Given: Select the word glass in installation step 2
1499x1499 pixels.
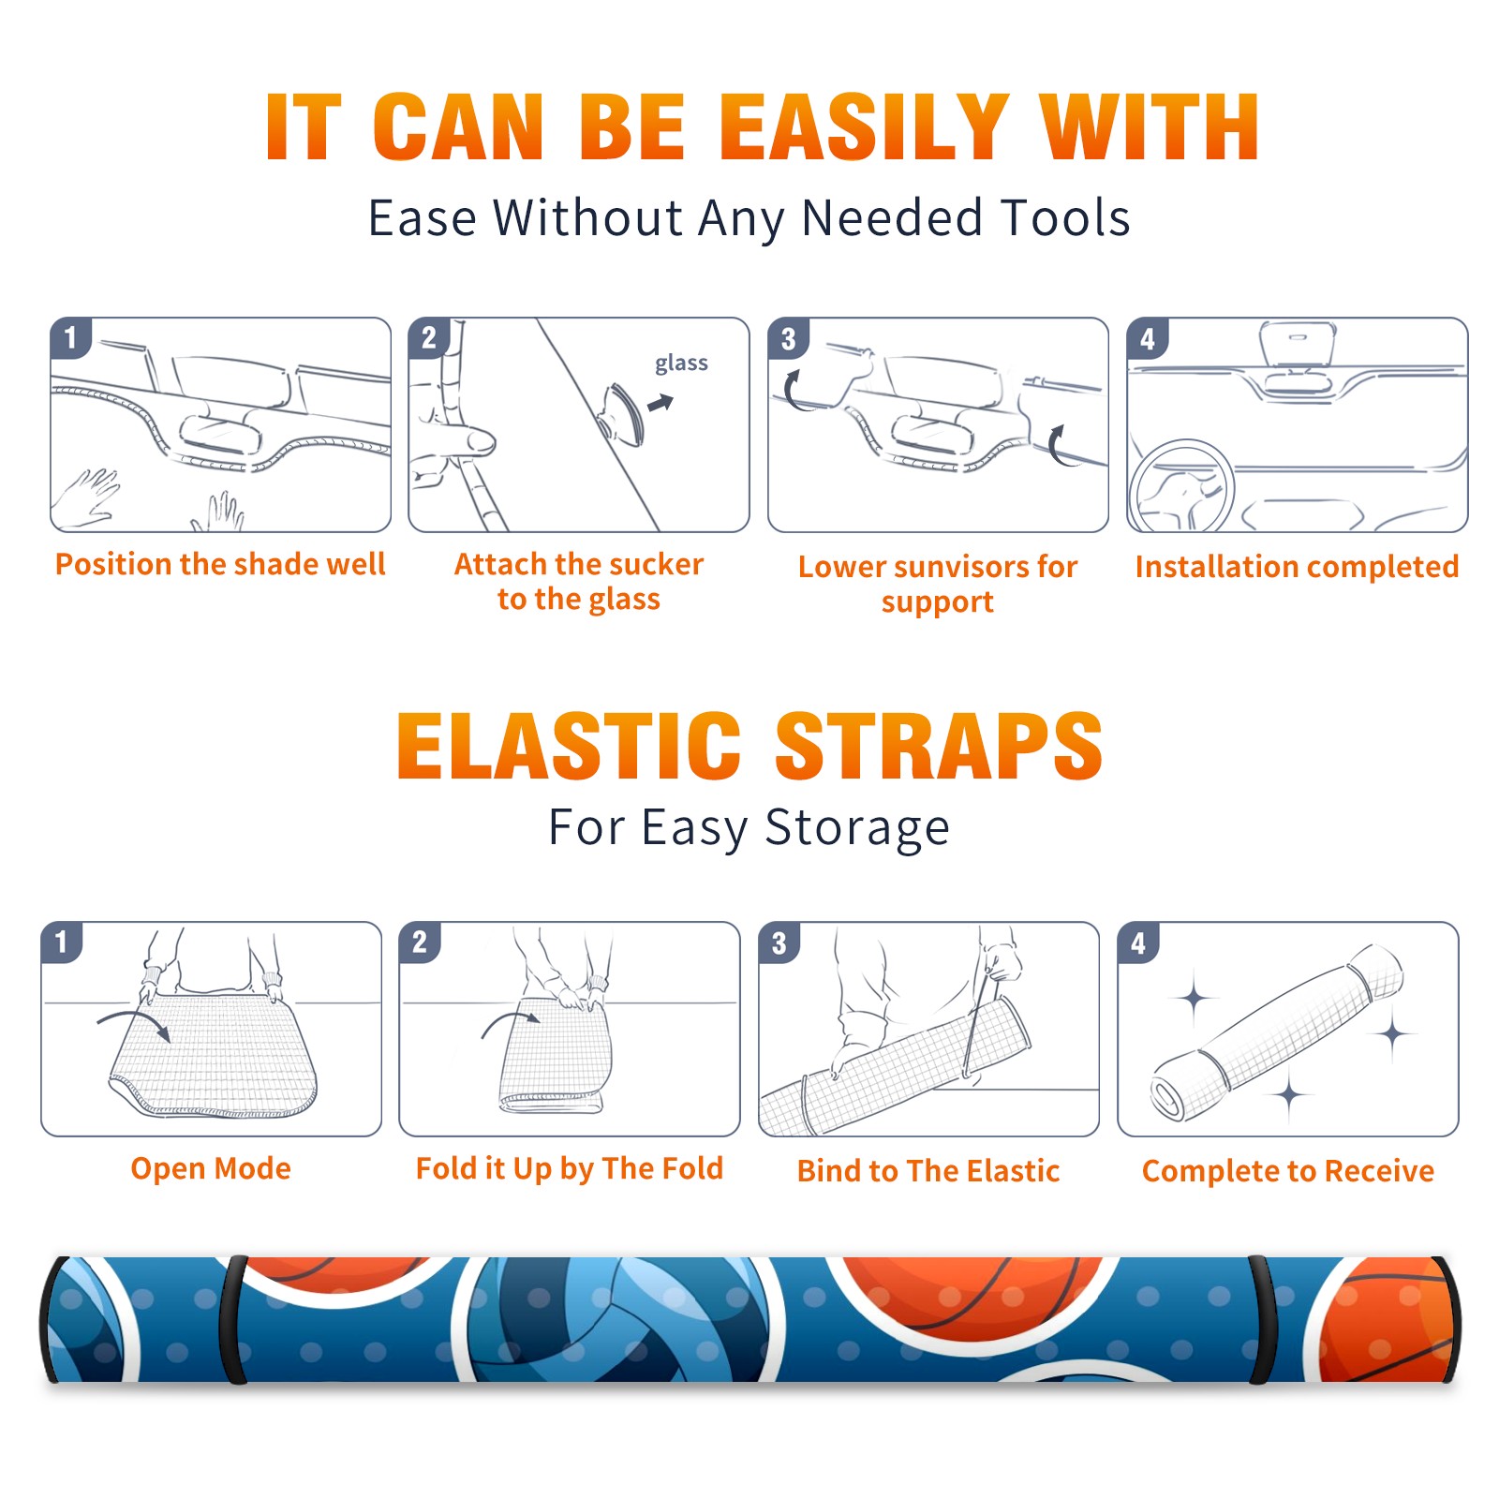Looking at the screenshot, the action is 681,364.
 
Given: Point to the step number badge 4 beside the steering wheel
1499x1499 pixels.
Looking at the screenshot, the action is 1148,338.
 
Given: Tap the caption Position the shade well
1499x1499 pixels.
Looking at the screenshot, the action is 220,564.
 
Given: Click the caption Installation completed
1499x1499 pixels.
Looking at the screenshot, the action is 1297,567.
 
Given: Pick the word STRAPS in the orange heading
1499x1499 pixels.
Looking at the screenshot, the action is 939,746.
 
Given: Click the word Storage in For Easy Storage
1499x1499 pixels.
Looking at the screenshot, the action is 857,828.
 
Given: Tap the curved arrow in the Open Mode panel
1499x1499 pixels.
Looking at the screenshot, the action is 134,1023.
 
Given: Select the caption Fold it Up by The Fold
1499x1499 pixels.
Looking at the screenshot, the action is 570,1169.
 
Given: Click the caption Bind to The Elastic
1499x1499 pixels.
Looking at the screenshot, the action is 928,1171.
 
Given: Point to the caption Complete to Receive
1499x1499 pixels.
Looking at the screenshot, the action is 1288,1171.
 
